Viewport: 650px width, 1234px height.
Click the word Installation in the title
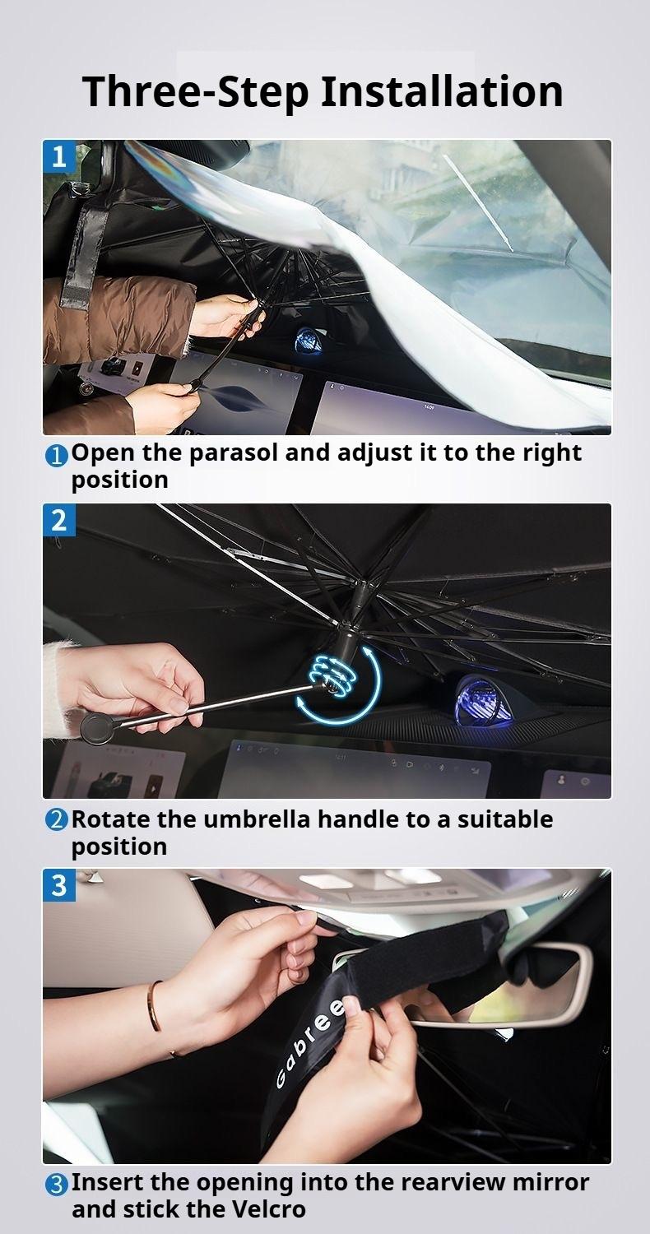point(441,91)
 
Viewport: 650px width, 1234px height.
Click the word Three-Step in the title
point(196,91)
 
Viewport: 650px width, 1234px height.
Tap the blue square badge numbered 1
point(59,156)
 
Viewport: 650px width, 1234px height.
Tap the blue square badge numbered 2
point(59,520)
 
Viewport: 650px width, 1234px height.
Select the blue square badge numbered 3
point(59,885)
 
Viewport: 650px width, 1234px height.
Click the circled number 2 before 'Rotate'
point(56,821)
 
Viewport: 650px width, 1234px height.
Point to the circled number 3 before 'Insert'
point(56,1185)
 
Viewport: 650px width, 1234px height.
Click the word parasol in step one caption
point(234,453)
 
